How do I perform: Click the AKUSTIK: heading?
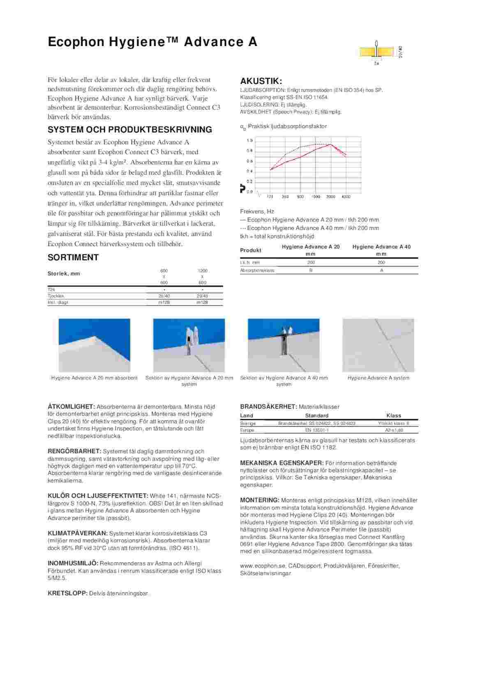(x=261, y=81)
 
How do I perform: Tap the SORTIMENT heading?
(x=73, y=258)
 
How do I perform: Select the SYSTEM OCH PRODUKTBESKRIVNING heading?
(x=130, y=130)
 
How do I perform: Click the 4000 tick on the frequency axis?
(x=346, y=197)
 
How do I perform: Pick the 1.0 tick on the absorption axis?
(x=249, y=141)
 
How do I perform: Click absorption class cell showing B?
(x=311, y=270)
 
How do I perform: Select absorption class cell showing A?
(x=381, y=270)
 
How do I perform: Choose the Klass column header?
(x=394, y=415)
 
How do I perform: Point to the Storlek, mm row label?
(x=64, y=274)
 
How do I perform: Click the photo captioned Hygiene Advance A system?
(x=378, y=345)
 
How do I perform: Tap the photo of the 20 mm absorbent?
(x=95, y=345)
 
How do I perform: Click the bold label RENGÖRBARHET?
(x=74, y=451)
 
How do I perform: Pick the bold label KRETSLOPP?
(x=68, y=594)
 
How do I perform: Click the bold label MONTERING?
(x=260, y=500)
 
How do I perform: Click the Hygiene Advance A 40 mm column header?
(x=381, y=250)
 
